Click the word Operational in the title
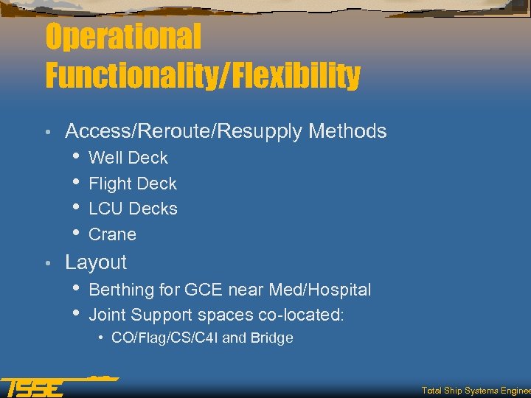point(122,38)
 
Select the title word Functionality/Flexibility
point(203,75)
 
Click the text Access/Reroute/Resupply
point(184,131)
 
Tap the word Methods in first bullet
point(347,131)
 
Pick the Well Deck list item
point(128,158)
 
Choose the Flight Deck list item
point(133,184)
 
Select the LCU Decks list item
point(133,209)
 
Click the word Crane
point(112,234)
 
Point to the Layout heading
point(96,262)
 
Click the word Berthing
point(121,290)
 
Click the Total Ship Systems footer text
point(475,391)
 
